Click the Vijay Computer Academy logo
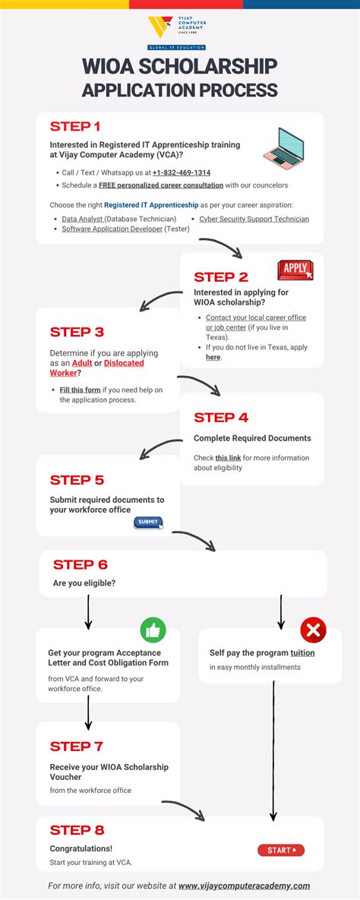pyautogui.click(x=179, y=28)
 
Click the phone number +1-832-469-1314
pyautogui.click(x=182, y=172)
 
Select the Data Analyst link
pyautogui.click(x=83, y=219)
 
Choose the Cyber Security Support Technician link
pyautogui.click(x=254, y=219)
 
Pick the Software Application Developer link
pyautogui.click(x=112, y=229)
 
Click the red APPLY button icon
pyautogui.click(x=295, y=269)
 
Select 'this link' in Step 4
pyautogui.click(x=228, y=458)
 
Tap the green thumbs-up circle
pyautogui.click(x=153, y=630)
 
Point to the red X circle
pyautogui.click(x=313, y=630)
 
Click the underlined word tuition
pyautogui.click(x=302, y=652)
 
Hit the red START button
pyautogui.click(x=280, y=850)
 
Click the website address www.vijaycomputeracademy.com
pyautogui.click(x=244, y=886)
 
